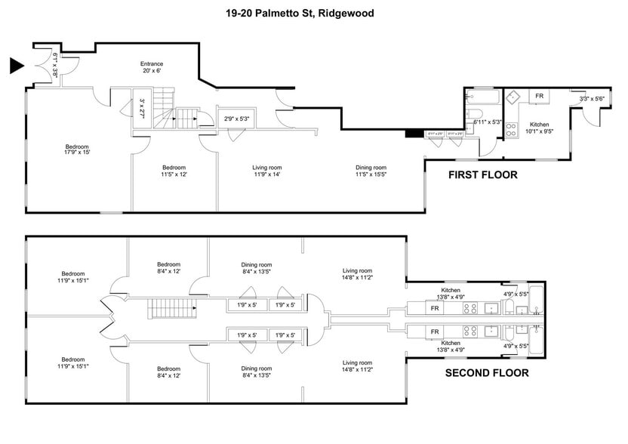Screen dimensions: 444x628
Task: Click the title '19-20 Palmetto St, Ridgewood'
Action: [300, 13]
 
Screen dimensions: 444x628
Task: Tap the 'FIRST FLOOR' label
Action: [482, 175]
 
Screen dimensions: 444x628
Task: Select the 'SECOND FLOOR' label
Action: [486, 372]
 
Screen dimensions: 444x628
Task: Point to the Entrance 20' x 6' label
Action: [151, 68]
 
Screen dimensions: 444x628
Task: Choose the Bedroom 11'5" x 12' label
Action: [174, 171]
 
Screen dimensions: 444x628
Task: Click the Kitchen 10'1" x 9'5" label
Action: [539, 128]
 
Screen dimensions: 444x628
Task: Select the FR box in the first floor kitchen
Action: [539, 97]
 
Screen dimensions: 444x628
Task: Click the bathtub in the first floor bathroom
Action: [481, 97]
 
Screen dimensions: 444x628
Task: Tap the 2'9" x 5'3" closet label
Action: [236, 119]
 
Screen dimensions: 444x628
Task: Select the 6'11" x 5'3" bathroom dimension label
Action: [487, 122]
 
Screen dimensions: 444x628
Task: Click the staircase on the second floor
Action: [172, 308]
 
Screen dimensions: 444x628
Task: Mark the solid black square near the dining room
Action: [412, 134]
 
